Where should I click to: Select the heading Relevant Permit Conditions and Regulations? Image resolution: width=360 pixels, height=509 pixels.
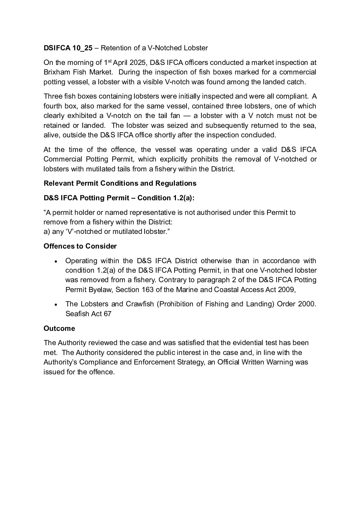(120, 183)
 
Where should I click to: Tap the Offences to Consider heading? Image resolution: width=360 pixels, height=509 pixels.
(80, 246)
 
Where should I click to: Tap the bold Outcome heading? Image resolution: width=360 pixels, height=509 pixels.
(59, 328)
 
